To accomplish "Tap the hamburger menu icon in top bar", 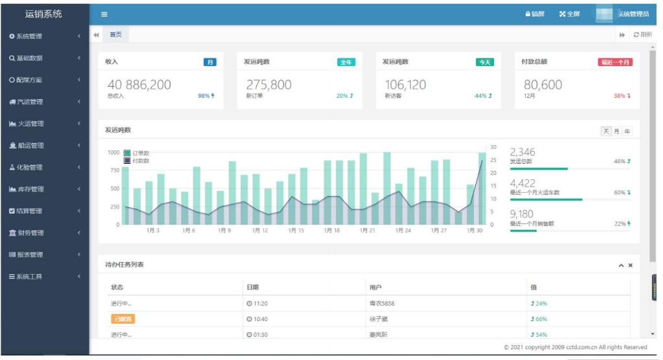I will point(104,14).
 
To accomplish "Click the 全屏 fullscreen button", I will point(570,14).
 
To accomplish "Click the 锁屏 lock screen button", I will point(535,14).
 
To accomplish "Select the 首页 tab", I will point(115,35).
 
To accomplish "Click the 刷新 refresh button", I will point(642,35).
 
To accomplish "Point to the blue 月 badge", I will point(210,62).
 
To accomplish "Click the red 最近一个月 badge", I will point(614,62).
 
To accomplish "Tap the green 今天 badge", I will point(484,62).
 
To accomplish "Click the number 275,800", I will point(269,85).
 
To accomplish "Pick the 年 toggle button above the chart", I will point(627,131).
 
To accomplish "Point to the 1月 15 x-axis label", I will point(297,231).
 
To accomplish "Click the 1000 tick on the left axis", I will point(113,152).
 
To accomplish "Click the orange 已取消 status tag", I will point(123,319).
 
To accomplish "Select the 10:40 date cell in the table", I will point(257,319).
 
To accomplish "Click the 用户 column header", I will point(375,287).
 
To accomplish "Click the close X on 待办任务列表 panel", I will point(630,265).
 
